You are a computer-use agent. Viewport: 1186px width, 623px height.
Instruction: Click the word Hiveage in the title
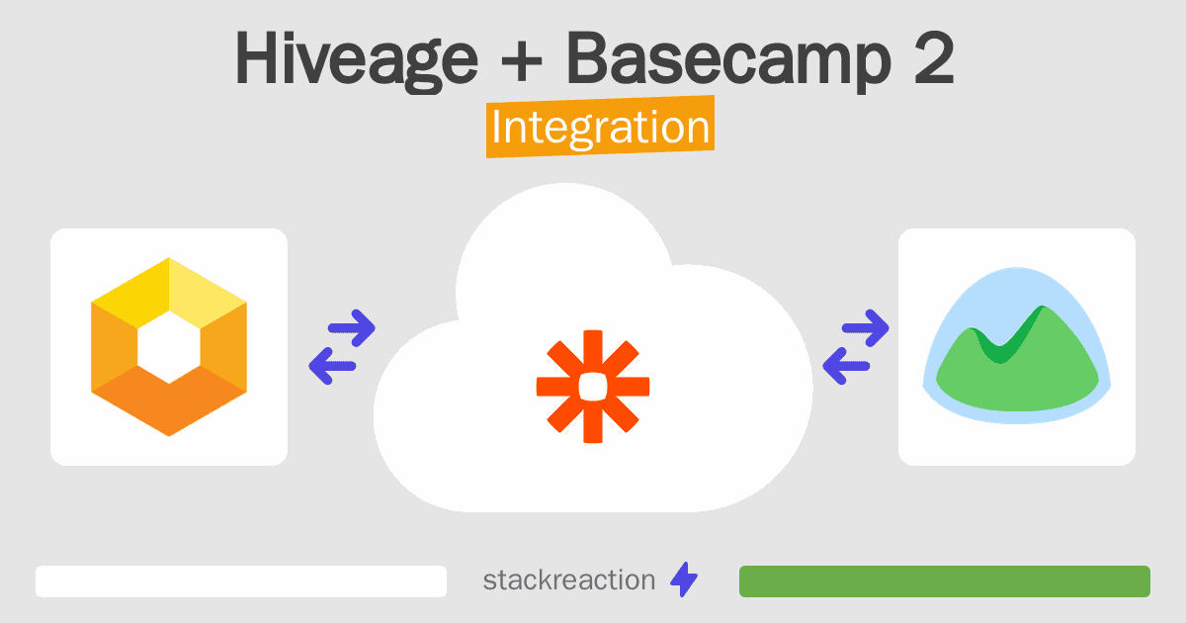coord(357,59)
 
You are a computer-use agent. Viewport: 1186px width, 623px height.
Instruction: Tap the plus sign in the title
coord(522,60)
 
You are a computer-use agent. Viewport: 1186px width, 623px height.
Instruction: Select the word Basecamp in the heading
coord(728,59)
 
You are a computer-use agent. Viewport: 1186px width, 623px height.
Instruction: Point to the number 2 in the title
coord(934,57)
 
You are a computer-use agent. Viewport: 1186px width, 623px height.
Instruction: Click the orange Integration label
coord(601,127)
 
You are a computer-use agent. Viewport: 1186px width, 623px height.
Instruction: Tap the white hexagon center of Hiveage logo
coord(169,347)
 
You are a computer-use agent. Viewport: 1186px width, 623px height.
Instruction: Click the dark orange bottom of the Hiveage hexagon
coord(169,401)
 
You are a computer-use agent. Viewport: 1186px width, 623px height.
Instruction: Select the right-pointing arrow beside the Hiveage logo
coord(352,328)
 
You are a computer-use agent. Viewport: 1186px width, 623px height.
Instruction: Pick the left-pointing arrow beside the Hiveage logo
coord(332,366)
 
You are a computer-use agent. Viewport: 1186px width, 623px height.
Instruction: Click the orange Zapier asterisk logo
coord(593,387)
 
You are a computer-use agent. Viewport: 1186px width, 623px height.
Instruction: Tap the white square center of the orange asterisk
coord(593,387)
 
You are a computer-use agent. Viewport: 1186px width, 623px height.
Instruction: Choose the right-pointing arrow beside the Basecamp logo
coord(866,328)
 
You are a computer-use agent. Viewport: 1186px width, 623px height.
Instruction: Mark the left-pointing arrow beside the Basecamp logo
coord(846,366)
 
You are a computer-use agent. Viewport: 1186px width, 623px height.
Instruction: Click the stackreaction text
coord(569,580)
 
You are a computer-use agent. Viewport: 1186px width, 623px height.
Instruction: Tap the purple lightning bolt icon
coord(684,579)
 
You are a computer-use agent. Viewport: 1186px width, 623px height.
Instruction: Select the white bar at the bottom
coord(241,581)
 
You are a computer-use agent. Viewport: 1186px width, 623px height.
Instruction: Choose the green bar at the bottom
coord(945,581)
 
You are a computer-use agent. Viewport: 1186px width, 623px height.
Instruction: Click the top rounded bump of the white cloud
coord(565,222)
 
